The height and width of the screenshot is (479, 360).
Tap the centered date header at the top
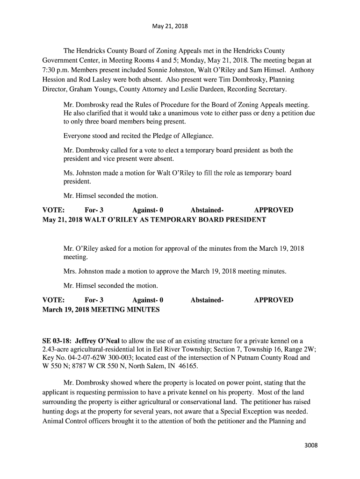click(x=170, y=26)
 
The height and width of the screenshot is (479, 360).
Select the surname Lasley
click(x=102, y=80)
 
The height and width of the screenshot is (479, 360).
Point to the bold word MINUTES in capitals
click(x=143, y=310)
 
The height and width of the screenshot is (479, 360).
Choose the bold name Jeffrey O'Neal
click(x=98, y=340)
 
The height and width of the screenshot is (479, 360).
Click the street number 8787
click(x=67, y=367)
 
